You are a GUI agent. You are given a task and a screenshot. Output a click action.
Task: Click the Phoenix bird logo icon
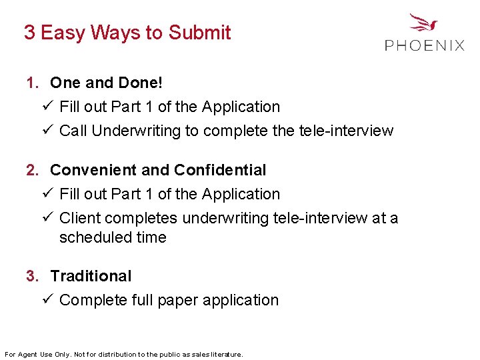(423, 23)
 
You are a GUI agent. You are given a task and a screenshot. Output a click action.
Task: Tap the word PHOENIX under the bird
(425, 45)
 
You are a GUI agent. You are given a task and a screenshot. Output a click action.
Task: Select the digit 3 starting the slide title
(29, 33)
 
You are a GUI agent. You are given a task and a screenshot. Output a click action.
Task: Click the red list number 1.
(31, 83)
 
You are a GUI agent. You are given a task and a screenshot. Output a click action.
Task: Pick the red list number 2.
(31, 171)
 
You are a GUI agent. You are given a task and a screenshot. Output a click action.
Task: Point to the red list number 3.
(31, 276)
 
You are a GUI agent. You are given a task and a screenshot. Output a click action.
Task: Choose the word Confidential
(220, 171)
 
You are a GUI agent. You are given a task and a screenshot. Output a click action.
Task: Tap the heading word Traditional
(91, 276)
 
